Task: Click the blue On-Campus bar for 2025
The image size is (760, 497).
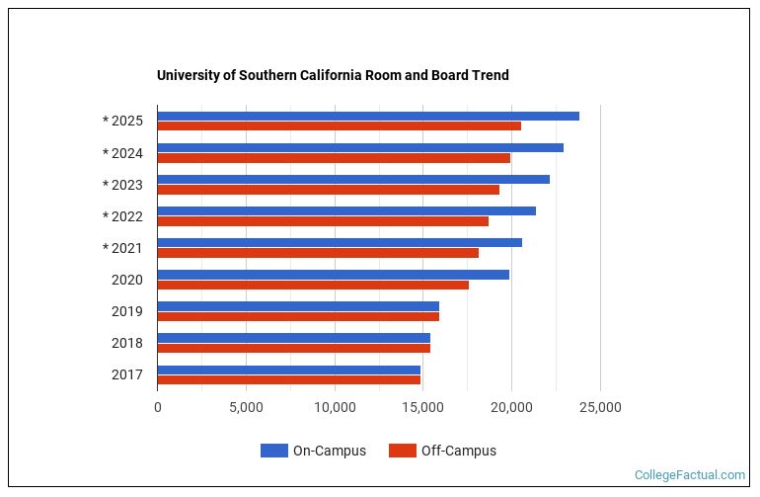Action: click(x=367, y=116)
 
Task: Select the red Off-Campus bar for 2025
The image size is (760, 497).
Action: click(x=339, y=125)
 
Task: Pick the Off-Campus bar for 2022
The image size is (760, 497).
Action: click(x=322, y=221)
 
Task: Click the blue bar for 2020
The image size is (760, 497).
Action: click(x=333, y=274)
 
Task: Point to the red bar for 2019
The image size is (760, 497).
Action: click(x=297, y=316)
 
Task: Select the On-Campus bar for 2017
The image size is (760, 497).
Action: click(x=288, y=370)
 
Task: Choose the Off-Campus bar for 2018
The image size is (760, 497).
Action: click(x=293, y=348)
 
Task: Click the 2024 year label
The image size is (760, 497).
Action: click(x=127, y=153)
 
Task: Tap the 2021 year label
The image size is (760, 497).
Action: click(x=127, y=248)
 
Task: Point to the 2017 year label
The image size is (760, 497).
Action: click(x=127, y=374)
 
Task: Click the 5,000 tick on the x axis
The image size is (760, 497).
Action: click(x=246, y=407)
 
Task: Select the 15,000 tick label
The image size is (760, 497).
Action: click(x=422, y=407)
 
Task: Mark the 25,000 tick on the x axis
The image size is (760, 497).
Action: click(x=600, y=407)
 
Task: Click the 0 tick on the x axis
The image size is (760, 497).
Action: click(x=157, y=407)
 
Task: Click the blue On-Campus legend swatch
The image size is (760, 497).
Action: click(x=273, y=451)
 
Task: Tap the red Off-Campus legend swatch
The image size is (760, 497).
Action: click(x=402, y=451)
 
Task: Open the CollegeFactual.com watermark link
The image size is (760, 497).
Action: click(x=689, y=475)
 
